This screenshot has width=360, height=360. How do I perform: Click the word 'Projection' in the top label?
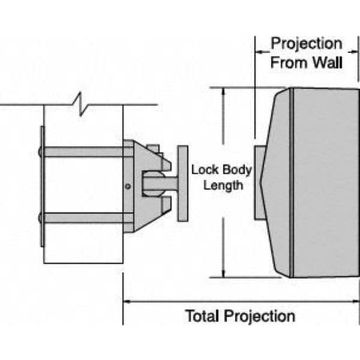[307, 44]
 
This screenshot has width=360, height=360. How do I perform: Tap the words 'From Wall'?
[307, 62]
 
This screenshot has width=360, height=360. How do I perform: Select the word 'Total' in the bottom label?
[203, 316]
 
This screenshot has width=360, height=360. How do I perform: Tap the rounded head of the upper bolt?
[40, 151]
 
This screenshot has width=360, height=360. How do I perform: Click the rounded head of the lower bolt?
[40, 217]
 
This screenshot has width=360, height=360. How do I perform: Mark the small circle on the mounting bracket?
[127, 186]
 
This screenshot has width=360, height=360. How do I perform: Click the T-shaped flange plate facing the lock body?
[182, 184]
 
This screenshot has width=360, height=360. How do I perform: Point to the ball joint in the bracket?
[153, 184]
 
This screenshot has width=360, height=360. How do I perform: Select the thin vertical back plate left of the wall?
[41, 186]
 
